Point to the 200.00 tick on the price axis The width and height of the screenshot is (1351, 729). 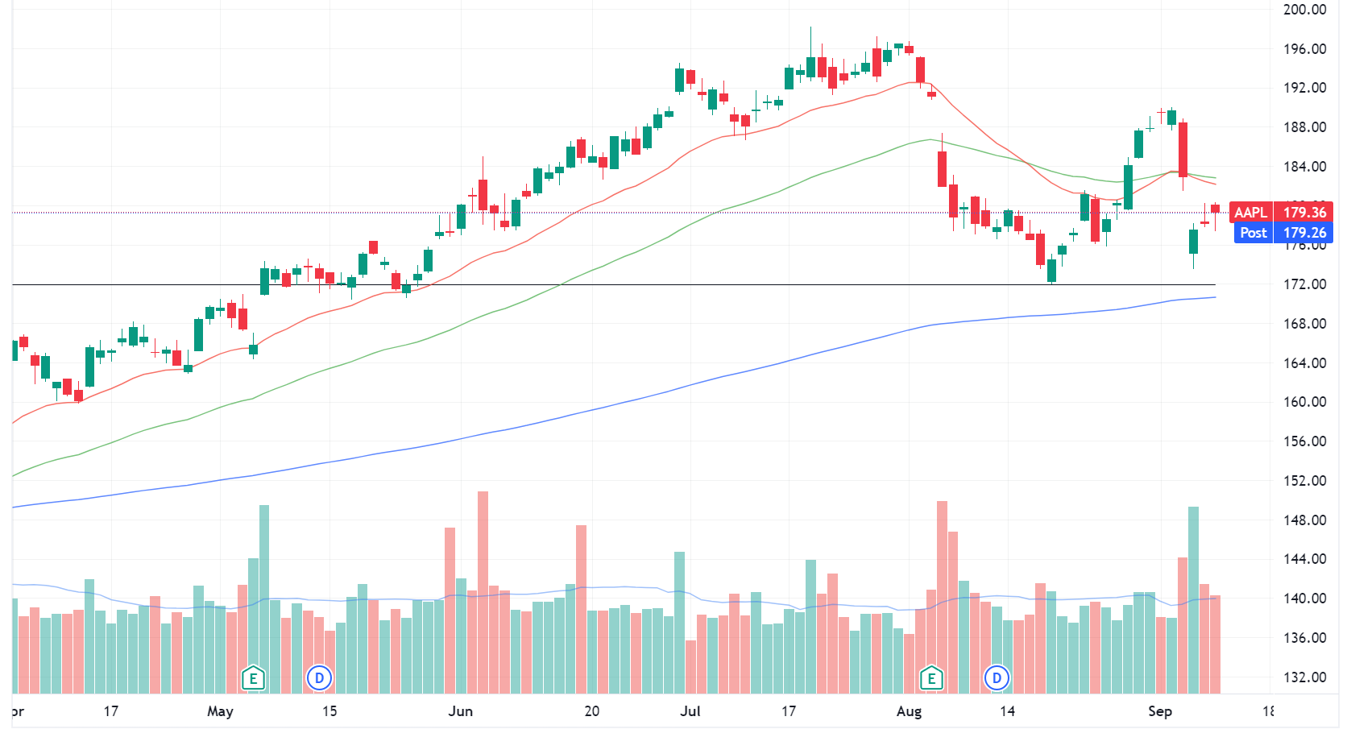click(1304, 10)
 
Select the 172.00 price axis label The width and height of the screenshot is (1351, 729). click(1304, 284)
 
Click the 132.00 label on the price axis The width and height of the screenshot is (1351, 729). click(1304, 677)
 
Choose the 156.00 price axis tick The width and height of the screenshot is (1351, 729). click(1304, 441)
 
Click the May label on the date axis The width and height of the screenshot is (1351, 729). click(220, 711)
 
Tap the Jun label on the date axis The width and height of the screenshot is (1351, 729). click(460, 711)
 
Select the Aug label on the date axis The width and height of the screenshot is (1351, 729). click(909, 711)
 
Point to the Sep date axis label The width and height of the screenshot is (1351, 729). click(1159, 711)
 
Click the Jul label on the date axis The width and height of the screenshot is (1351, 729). click(690, 711)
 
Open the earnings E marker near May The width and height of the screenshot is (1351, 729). click(253, 678)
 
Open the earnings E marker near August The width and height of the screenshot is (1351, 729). click(931, 678)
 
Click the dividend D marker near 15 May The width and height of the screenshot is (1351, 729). click(319, 678)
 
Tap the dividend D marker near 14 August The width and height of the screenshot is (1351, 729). click(997, 678)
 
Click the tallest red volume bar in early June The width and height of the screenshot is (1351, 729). click(483, 592)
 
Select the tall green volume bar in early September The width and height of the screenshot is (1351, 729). click(1193, 600)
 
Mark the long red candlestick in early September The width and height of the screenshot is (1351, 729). click(1183, 149)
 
